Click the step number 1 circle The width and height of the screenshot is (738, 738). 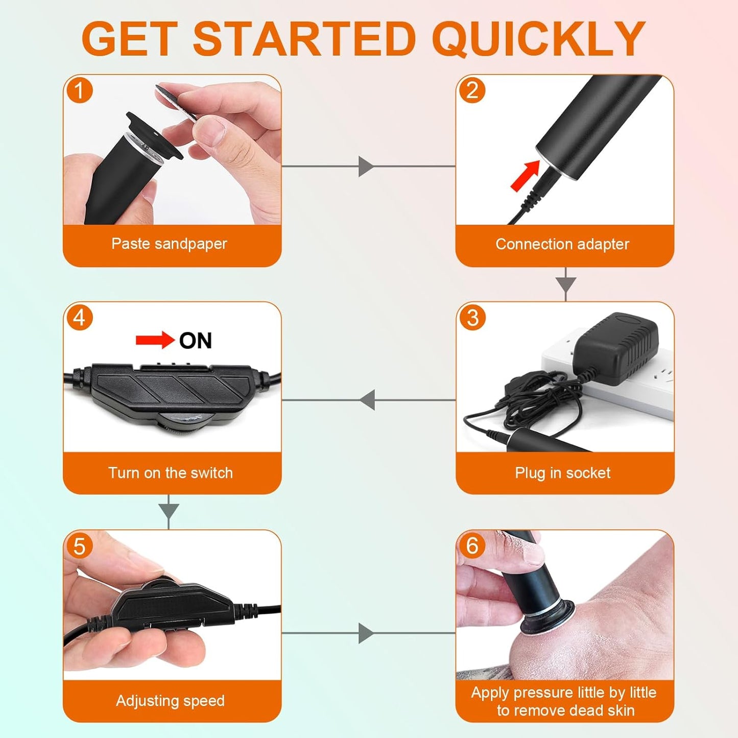80,90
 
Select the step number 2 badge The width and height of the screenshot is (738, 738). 472,90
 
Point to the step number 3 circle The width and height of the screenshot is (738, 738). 472,318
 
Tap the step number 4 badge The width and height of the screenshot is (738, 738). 80,318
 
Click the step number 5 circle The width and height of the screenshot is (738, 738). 80,546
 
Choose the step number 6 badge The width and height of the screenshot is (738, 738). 472,546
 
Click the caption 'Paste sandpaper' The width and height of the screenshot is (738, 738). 169,244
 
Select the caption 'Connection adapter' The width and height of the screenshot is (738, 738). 562,244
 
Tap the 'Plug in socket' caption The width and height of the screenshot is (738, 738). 562,473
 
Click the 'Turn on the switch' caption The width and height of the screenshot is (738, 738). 171,473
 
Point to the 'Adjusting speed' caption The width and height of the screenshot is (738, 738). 170,701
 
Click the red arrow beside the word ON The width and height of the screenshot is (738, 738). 155,340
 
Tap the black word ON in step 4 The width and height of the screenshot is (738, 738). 195,341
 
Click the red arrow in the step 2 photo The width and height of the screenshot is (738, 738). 525,175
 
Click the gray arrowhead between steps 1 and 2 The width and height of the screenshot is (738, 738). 365,166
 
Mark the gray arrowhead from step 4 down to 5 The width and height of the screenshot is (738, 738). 169,510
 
